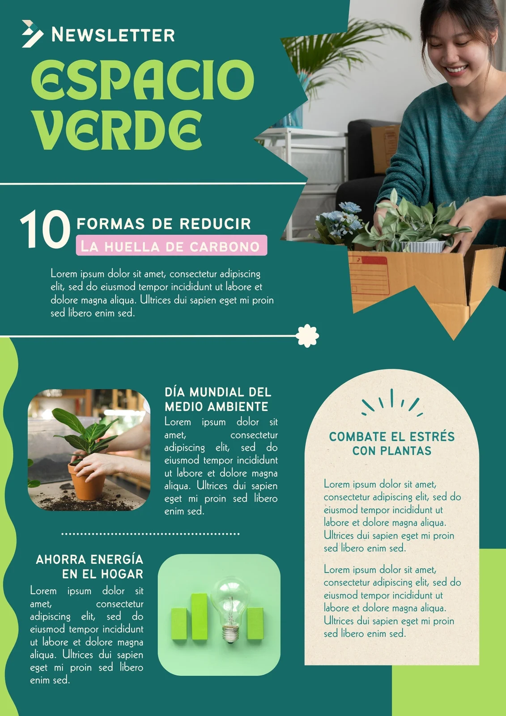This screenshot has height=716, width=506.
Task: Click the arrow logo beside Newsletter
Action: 32,34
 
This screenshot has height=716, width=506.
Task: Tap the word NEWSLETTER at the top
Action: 113,35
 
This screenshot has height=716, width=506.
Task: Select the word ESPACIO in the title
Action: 142,80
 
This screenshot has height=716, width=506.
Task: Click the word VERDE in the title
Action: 118,130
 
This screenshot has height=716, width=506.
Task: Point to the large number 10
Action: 45,230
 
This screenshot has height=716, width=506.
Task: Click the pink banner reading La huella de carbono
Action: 171,246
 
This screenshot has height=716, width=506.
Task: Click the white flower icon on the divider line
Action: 308,336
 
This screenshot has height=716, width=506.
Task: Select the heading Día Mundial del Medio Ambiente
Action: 218,399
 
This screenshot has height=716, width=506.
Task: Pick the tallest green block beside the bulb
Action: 200,616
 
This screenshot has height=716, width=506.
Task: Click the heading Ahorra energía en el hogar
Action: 89,567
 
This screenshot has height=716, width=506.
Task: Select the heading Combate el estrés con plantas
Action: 391,443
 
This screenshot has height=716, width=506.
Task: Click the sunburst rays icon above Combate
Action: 392,401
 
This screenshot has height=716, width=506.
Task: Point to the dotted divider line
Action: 150,534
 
